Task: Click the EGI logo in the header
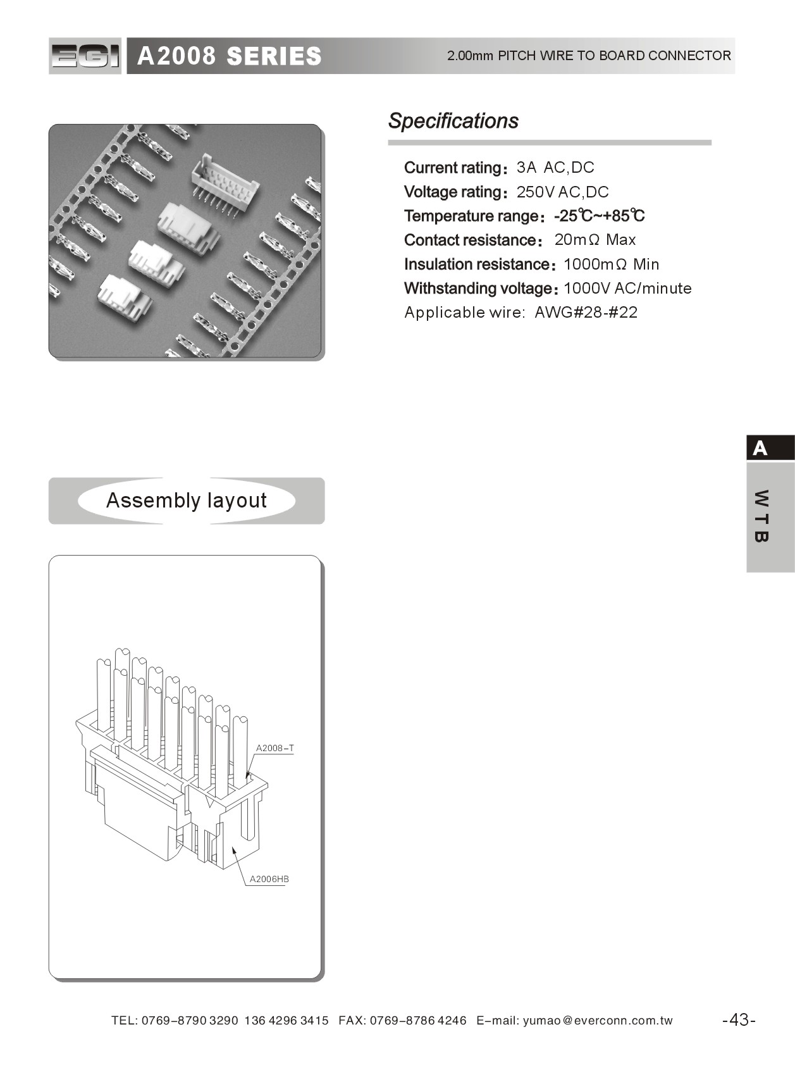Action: [85, 56]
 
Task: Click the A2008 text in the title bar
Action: [176, 56]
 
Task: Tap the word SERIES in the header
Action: [274, 56]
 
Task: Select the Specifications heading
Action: [453, 121]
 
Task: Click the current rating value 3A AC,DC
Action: [555, 168]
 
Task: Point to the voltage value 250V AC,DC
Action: [562, 192]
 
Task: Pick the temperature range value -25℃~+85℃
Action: [599, 216]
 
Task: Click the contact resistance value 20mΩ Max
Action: [595, 240]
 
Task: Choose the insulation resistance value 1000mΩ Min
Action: [611, 264]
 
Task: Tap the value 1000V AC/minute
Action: [627, 289]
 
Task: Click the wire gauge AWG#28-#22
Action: [586, 313]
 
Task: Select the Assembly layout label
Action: [187, 501]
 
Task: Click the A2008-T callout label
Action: [274, 748]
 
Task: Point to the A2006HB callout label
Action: [269, 879]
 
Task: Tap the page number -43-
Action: [739, 1020]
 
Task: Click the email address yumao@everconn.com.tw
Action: [598, 1021]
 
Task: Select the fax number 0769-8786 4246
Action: [418, 1021]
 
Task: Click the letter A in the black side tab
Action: [760, 449]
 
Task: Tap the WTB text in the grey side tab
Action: [761, 516]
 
